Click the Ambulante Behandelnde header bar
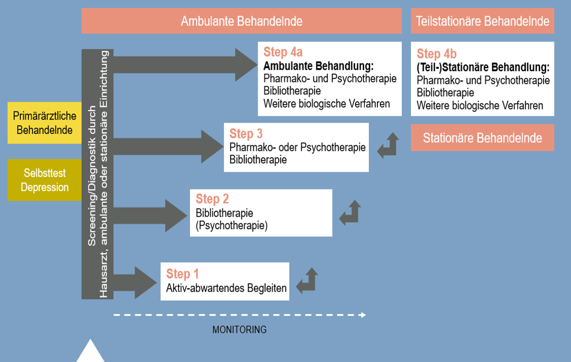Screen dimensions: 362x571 click(x=241, y=21)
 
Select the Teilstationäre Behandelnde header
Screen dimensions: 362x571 click(x=482, y=21)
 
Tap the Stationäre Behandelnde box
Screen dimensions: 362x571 click(x=482, y=138)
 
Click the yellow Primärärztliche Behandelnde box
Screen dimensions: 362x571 click(x=45, y=123)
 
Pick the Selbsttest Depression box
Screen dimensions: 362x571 click(x=45, y=180)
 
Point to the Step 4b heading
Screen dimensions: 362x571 click(x=436, y=54)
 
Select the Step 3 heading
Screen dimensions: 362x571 click(x=246, y=134)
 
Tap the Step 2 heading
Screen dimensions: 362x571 click(x=212, y=199)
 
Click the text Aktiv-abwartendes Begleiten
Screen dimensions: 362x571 click(x=226, y=288)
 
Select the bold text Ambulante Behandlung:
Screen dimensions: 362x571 click(x=319, y=66)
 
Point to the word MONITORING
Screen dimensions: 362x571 click(x=239, y=329)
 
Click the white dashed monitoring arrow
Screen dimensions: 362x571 click(x=239, y=315)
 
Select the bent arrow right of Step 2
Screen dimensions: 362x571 click(x=350, y=213)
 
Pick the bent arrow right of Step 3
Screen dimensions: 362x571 click(x=388, y=146)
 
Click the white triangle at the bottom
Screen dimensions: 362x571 click(x=90, y=352)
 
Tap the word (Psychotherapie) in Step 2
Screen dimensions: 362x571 click(x=231, y=226)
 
